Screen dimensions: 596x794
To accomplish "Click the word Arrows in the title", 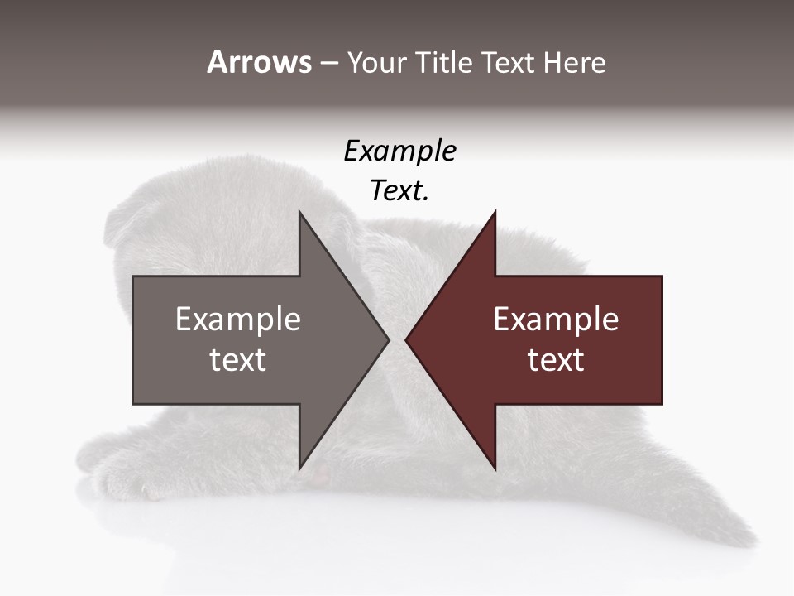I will [259, 62].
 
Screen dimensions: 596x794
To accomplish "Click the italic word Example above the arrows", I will [399, 151].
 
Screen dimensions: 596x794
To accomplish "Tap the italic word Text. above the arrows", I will [399, 191].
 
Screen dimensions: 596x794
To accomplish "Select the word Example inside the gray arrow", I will [238, 320].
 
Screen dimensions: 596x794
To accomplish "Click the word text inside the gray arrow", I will [238, 360].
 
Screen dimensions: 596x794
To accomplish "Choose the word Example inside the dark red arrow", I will [556, 320].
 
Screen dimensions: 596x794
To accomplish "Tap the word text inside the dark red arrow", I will [556, 360].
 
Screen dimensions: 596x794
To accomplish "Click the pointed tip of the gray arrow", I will [388, 339].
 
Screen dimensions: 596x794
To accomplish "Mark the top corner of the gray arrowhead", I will [299, 212].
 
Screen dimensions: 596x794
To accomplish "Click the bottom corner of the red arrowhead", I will [495, 469].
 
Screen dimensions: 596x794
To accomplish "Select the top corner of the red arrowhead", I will [495, 212].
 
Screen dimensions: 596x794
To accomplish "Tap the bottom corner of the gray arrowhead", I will [299, 469].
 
